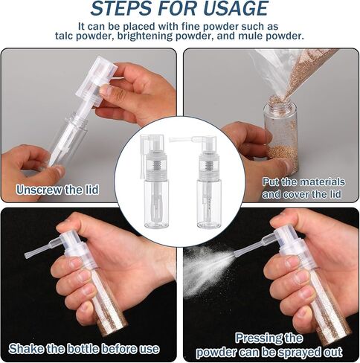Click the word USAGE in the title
click(236, 8)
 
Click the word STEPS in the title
click(121, 8)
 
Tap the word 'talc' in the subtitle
click(64, 36)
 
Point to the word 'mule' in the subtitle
click(251, 36)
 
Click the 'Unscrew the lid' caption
click(57, 190)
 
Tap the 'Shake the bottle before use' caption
click(84, 349)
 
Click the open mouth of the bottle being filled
click(280, 101)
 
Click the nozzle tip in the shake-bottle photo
click(28, 255)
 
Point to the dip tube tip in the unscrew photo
click(51, 162)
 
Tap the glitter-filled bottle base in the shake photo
click(110, 321)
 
